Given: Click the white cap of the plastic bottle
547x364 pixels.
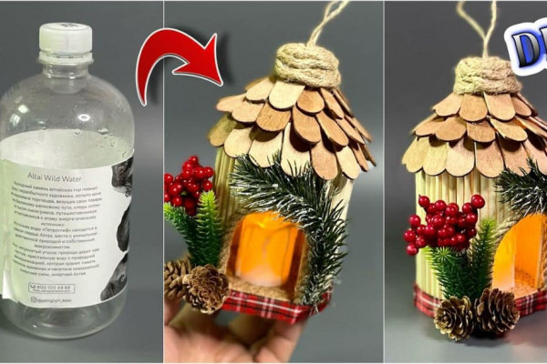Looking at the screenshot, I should [x=65, y=38].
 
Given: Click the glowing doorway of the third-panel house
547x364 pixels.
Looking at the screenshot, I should [x=520, y=255].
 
